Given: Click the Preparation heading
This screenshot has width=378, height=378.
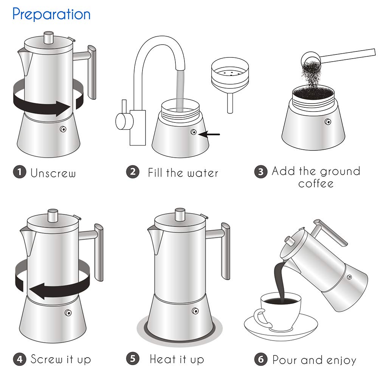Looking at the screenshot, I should (51, 14).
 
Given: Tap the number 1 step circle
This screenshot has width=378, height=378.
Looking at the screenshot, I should (19, 172).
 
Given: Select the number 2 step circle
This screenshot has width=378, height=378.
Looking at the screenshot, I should (132, 172).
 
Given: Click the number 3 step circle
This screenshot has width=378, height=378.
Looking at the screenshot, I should (260, 172).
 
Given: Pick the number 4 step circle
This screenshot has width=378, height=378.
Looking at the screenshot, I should (19, 358).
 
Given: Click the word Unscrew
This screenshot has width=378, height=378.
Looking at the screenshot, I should (53, 173).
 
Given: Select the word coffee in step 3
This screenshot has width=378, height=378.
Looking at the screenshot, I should (316, 184).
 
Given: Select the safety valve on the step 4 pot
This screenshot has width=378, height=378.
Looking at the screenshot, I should (68, 313).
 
